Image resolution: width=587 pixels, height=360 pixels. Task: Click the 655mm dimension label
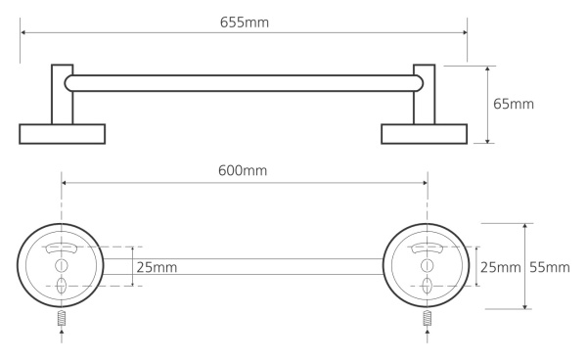point(244,22)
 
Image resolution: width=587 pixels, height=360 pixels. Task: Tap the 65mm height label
point(514,104)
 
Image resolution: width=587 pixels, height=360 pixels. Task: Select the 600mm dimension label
point(243,170)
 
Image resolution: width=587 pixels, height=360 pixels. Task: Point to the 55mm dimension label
point(550,267)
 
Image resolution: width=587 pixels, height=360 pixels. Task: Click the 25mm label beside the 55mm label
point(501,267)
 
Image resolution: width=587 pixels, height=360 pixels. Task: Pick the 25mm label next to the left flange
point(157,267)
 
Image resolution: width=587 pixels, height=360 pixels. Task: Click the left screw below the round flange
point(62,319)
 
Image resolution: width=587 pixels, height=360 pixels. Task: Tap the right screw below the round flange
point(428,319)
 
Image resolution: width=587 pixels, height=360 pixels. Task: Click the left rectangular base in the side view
point(63,134)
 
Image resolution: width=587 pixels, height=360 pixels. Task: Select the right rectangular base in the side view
point(425,134)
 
